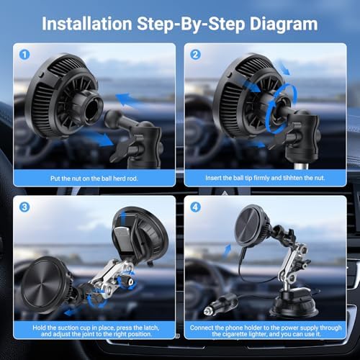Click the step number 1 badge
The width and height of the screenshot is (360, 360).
(24, 55)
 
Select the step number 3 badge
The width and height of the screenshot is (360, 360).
(24, 207)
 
